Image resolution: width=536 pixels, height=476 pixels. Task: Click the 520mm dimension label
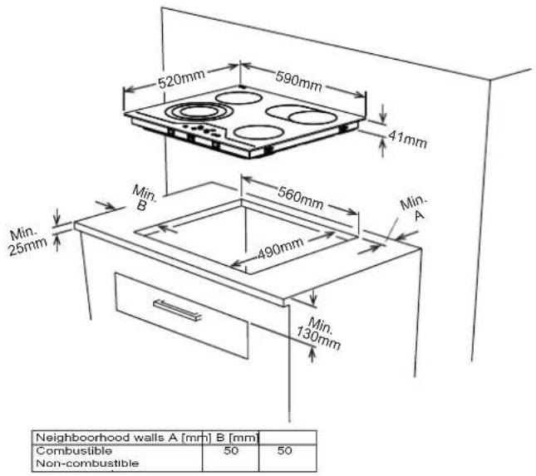coord(181,81)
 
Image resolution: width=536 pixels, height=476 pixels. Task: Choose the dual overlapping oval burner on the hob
coord(301,115)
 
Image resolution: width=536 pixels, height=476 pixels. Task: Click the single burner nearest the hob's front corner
coord(258,132)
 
